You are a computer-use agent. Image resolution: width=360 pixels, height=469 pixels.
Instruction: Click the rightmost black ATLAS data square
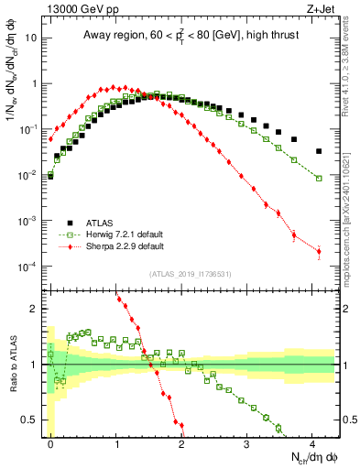[319, 151]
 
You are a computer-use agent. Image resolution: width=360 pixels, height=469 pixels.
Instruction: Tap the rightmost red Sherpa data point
[319, 251]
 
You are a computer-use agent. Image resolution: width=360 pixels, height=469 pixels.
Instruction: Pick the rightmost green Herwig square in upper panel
[319, 178]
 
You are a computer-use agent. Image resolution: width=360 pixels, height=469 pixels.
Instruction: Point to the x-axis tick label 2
[181, 442]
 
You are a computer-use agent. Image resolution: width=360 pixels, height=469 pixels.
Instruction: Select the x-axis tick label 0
[50, 442]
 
